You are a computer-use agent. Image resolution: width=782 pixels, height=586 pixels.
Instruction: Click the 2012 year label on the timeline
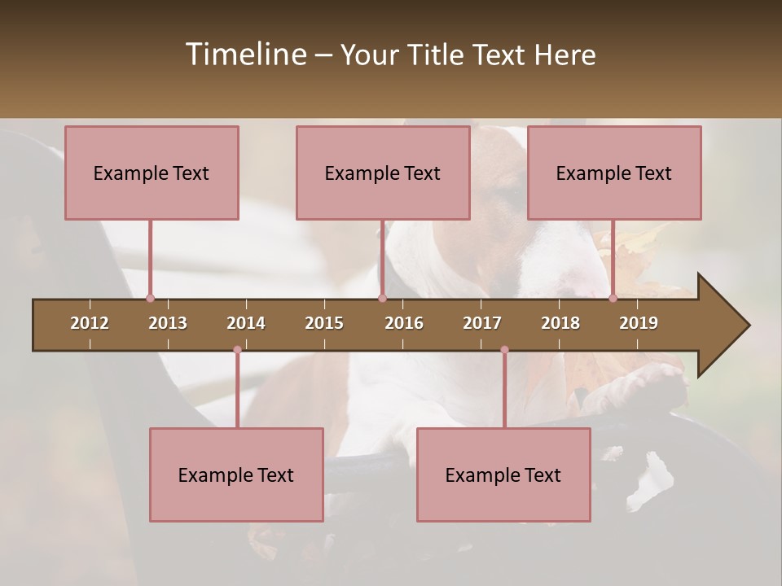coord(90,323)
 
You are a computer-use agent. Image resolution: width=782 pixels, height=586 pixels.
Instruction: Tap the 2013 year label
coord(168,323)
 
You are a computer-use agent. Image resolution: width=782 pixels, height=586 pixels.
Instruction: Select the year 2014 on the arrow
coord(246,323)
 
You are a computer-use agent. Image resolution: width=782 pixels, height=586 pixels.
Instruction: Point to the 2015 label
coord(324,323)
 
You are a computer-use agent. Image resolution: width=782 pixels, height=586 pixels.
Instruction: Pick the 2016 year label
coord(404,323)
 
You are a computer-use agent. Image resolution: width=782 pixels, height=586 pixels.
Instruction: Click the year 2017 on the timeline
coord(482,323)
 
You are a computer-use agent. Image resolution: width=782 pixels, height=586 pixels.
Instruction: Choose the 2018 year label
coord(560,323)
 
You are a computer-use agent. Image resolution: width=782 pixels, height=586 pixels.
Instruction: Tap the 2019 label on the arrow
coord(639,323)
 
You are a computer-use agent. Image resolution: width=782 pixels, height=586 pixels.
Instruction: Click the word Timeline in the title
coord(244,55)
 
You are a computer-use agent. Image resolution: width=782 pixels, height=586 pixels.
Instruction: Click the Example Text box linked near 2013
coord(152,173)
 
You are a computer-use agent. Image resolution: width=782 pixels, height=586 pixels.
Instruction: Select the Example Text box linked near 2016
coord(383,173)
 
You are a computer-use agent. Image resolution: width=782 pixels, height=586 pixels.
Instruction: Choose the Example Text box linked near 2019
coord(614,173)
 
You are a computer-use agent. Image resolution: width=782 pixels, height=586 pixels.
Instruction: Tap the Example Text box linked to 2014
coord(236,474)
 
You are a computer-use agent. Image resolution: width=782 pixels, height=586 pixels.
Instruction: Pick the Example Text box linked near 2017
coord(503,474)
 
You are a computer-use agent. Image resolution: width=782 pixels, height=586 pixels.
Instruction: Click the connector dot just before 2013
coord(150,298)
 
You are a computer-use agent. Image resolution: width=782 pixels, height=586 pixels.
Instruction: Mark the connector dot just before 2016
coord(382,298)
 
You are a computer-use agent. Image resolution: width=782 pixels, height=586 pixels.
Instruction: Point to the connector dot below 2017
coord(504,350)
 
